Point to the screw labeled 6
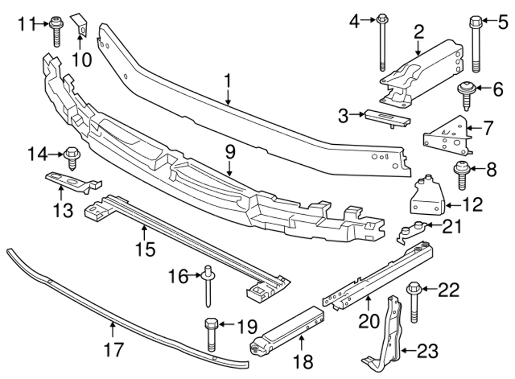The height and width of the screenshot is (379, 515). (466, 96)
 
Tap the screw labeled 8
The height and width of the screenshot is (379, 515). (460, 175)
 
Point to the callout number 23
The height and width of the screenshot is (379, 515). (427, 352)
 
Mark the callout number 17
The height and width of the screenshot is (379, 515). (114, 350)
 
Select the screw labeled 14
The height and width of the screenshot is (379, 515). (71, 158)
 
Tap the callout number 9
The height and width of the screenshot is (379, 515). (229, 152)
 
